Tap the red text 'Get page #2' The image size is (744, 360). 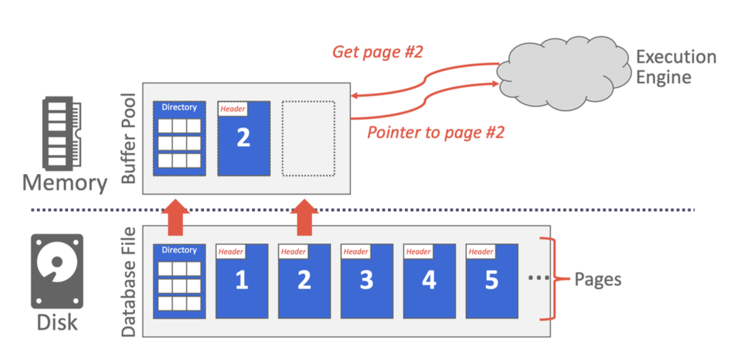pyautogui.click(x=376, y=52)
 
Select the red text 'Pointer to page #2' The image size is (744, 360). pyautogui.click(x=436, y=132)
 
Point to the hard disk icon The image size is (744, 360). pyautogui.click(x=57, y=271)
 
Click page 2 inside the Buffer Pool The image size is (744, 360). pyautogui.click(x=243, y=139)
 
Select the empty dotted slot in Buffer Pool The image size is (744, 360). pyautogui.click(x=308, y=139)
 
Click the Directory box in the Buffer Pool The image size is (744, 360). pyautogui.click(x=179, y=139)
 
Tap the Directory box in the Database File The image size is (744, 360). pyautogui.click(x=179, y=281)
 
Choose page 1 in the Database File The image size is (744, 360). pyautogui.click(x=242, y=281)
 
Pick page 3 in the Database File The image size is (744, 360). pyautogui.click(x=367, y=281)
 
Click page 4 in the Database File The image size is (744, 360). pyautogui.click(x=429, y=281)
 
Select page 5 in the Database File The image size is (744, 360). pyautogui.click(x=492, y=281)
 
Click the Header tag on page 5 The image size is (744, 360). pyautogui.click(x=480, y=251)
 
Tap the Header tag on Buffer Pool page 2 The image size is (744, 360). pyautogui.click(x=233, y=109)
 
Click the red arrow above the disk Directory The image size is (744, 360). pyautogui.click(x=175, y=218)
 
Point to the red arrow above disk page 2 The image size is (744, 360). pyautogui.click(x=304, y=218)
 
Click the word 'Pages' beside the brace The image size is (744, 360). pyautogui.click(x=598, y=280)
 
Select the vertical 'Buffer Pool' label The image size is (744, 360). pyautogui.click(x=129, y=139)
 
